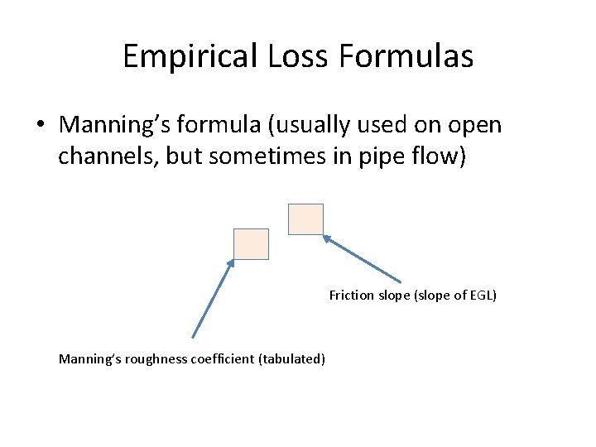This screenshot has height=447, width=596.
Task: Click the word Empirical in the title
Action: pos(190,57)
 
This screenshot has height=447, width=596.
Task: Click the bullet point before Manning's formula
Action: pos(40,126)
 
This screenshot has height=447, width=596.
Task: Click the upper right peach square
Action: pos(305,219)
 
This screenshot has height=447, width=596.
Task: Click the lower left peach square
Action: pos(251,244)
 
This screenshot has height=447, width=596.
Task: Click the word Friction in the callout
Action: pos(351,296)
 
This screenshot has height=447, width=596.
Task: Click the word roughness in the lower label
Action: pos(150,359)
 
